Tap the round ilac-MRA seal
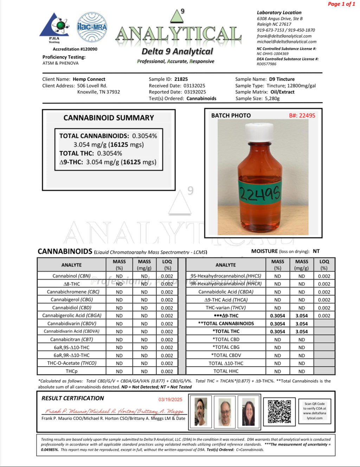(x=92, y=27)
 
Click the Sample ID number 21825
(x=181, y=79)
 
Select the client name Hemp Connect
(x=89, y=79)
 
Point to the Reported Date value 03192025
(x=195, y=92)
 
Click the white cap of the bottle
(x=259, y=132)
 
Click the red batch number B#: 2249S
(x=302, y=115)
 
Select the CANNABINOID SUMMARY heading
(x=109, y=118)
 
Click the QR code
(x=279, y=411)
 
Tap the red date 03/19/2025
(x=170, y=399)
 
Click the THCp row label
(x=72, y=371)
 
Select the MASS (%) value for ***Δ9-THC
(x=277, y=316)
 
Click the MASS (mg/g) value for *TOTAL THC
(x=302, y=332)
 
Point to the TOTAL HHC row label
(x=226, y=371)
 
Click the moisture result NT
(x=316, y=251)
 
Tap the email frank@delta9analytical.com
(x=284, y=36)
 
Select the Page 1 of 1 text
(x=341, y=4)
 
